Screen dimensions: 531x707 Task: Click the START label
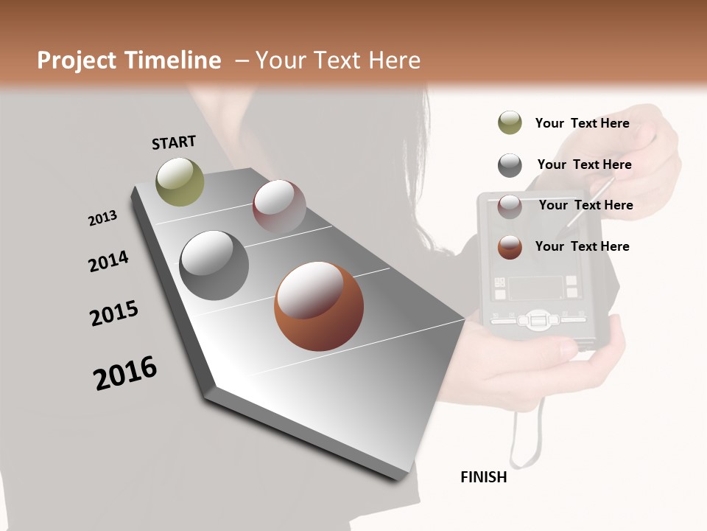(x=174, y=142)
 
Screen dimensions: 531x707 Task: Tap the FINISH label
(x=484, y=477)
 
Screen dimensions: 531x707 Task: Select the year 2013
(x=102, y=218)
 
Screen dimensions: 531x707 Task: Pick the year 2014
(x=108, y=261)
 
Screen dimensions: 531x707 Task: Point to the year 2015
(x=114, y=313)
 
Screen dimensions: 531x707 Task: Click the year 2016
(x=125, y=373)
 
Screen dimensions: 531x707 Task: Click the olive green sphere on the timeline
(x=180, y=181)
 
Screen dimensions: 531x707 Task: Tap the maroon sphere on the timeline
(x=279, y=206)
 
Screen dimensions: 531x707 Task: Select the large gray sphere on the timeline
(x=214, y=265)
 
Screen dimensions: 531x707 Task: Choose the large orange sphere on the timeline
(x=319, y=305)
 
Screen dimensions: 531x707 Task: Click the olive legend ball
(x=510, y=123)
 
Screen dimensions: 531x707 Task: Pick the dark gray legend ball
(x=510, y=165)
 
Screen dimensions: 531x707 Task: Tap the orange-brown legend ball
(x=510, y=247)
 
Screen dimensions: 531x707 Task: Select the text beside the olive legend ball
(x=582, y=123)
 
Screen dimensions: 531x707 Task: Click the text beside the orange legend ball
(x=582, y=246)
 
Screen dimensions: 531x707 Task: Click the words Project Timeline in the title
(x=129, y=60)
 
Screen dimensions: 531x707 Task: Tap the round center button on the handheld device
(x=537, y=321)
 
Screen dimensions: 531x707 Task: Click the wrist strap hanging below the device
(x=527, y=435)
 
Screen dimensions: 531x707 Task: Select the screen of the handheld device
(x=535, y=287)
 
